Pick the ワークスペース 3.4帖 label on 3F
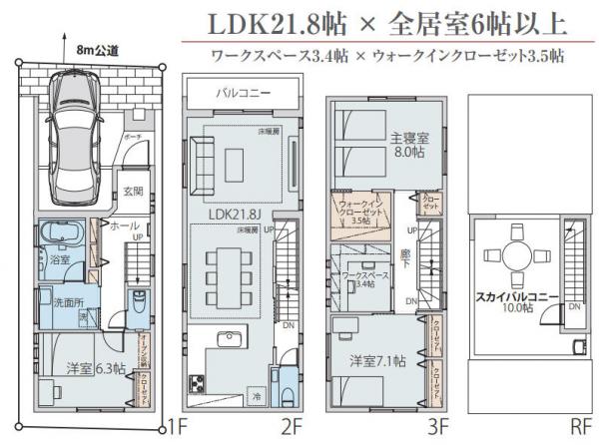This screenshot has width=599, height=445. [x=358, y=278]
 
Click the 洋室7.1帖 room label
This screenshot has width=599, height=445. [x=377, y=358]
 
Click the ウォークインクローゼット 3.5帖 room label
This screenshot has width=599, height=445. [x=356, y=212]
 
